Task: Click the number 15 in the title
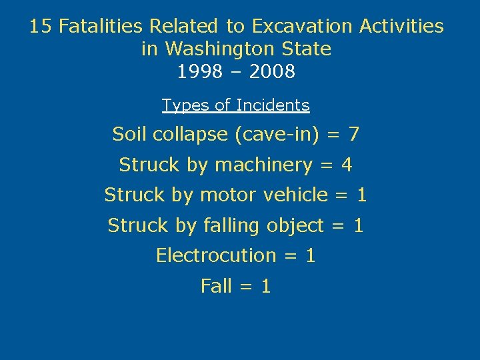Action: click(41, 27)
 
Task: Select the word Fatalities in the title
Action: click(101, 27)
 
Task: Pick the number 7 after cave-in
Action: click(353, 135)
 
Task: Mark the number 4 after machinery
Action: click(347, 165)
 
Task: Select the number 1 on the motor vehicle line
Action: click(362, 195)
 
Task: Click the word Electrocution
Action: click(216, 256)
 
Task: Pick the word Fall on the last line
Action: click(217, 287)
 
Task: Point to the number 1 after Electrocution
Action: click(310, 256)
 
